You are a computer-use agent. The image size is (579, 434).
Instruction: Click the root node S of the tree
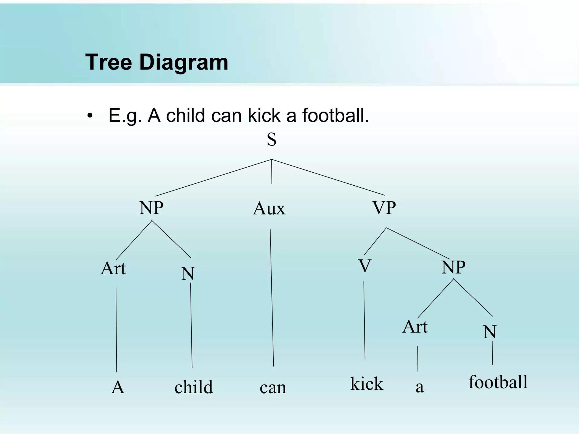coord(272,140)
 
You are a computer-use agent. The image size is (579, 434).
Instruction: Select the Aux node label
coord(269,209)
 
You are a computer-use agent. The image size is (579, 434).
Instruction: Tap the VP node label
coord(384,208)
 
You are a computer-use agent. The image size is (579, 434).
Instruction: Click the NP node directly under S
coord(151,208)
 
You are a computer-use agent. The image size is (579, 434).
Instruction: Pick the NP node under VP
coord(453,267)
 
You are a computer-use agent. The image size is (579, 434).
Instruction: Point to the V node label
coord(365,266)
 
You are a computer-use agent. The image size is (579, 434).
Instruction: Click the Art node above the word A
coord(113,268)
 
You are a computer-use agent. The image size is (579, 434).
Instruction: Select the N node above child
coord(188,274)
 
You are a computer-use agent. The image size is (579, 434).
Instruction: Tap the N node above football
coord(490,332)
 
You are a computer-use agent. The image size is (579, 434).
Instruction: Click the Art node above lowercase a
coord(415,327)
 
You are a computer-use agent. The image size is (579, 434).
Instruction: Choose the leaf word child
coord(193,387)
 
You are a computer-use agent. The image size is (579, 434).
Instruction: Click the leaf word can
coord(273,388)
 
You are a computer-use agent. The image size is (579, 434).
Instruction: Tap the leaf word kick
coord(367,384)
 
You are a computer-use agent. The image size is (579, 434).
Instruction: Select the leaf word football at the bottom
coord(498,382)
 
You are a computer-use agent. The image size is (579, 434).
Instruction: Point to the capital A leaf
coord(118,387)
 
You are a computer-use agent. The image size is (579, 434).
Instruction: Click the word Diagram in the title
coord(183,62)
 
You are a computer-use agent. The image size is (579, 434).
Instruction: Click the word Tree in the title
coord(109,62)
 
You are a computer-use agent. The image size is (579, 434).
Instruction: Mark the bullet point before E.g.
coord(90,116)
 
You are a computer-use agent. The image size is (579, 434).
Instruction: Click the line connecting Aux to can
coord(272,297)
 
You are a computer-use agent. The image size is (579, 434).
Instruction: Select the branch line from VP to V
coord(375,241)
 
